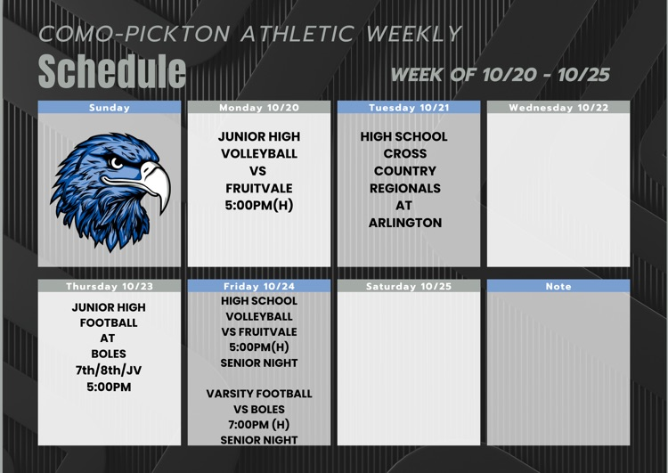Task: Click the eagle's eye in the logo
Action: click(x=116, y=164)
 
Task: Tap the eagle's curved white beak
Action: click(x=153, y=183)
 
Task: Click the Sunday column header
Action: click(x=110, y=108)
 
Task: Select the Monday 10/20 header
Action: click(x=259, y=108)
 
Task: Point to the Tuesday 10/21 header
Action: click(x=409, y=108)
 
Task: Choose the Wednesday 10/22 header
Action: click(x=558, y=108)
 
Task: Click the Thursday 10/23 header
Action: click(x=110, y=287)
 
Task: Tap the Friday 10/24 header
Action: click(x=259, y=287)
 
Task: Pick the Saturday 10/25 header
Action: click(x=409, y=287)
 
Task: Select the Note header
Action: click(x=558, y=287)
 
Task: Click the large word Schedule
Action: click(x=112, y=70)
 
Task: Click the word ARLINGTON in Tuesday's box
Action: click(x=405, y=223)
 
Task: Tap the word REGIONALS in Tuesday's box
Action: click(x=405, y=188)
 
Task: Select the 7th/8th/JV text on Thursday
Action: click(x=109, y=371)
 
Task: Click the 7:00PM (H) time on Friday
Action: click(x=259, y=425)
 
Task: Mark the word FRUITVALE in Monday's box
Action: click(x=259, y=188)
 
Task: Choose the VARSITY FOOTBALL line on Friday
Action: click(x=259, y=394)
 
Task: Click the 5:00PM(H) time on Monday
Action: click(x=259, y=206)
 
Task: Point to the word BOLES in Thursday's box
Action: click(x=109, y=354)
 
